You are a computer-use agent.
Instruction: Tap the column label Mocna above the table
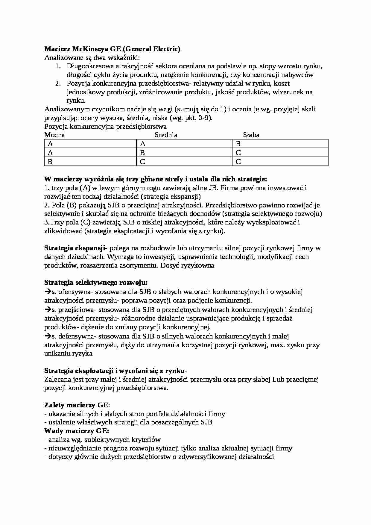click(x=54, y=135)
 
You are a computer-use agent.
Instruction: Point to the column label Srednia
click(x=166, y=135)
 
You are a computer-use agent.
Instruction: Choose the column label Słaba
click(x=251, y=135)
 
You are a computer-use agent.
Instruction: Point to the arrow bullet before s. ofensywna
click(x=48, y=292)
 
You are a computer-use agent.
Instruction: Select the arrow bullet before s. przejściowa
click(x=48, y=309)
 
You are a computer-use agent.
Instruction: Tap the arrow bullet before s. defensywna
click(x=48, y=336)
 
